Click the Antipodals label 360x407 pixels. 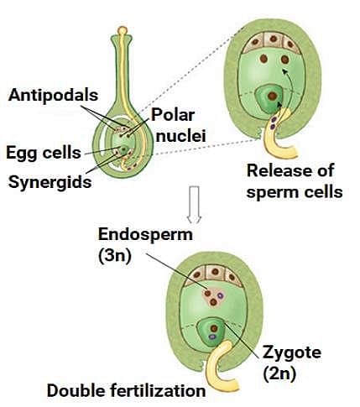(53, 96)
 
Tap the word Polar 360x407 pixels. (173, 115)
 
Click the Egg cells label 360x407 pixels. (44, 154)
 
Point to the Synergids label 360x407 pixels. (50, 182)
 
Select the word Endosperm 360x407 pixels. (145, 234)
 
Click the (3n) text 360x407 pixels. (115, 256)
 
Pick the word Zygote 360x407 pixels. (292, 353)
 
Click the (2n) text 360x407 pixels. (279, 373)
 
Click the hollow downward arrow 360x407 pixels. (194, 205)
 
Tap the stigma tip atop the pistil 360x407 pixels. (123, 30)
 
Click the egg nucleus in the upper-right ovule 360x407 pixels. (272, 97)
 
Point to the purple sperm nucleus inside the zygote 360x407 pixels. (212, 337)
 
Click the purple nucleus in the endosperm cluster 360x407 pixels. (220, 295)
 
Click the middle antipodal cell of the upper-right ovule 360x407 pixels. (274, 39)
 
